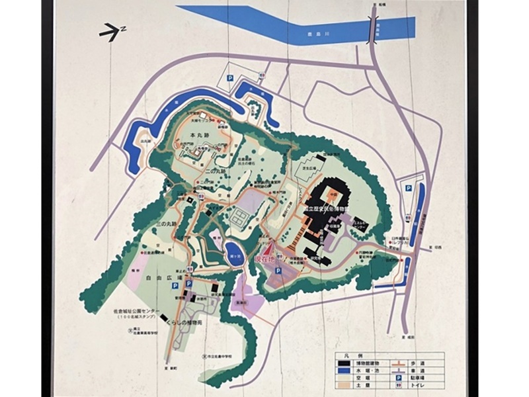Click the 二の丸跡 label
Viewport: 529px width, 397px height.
(x=215, y=171)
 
